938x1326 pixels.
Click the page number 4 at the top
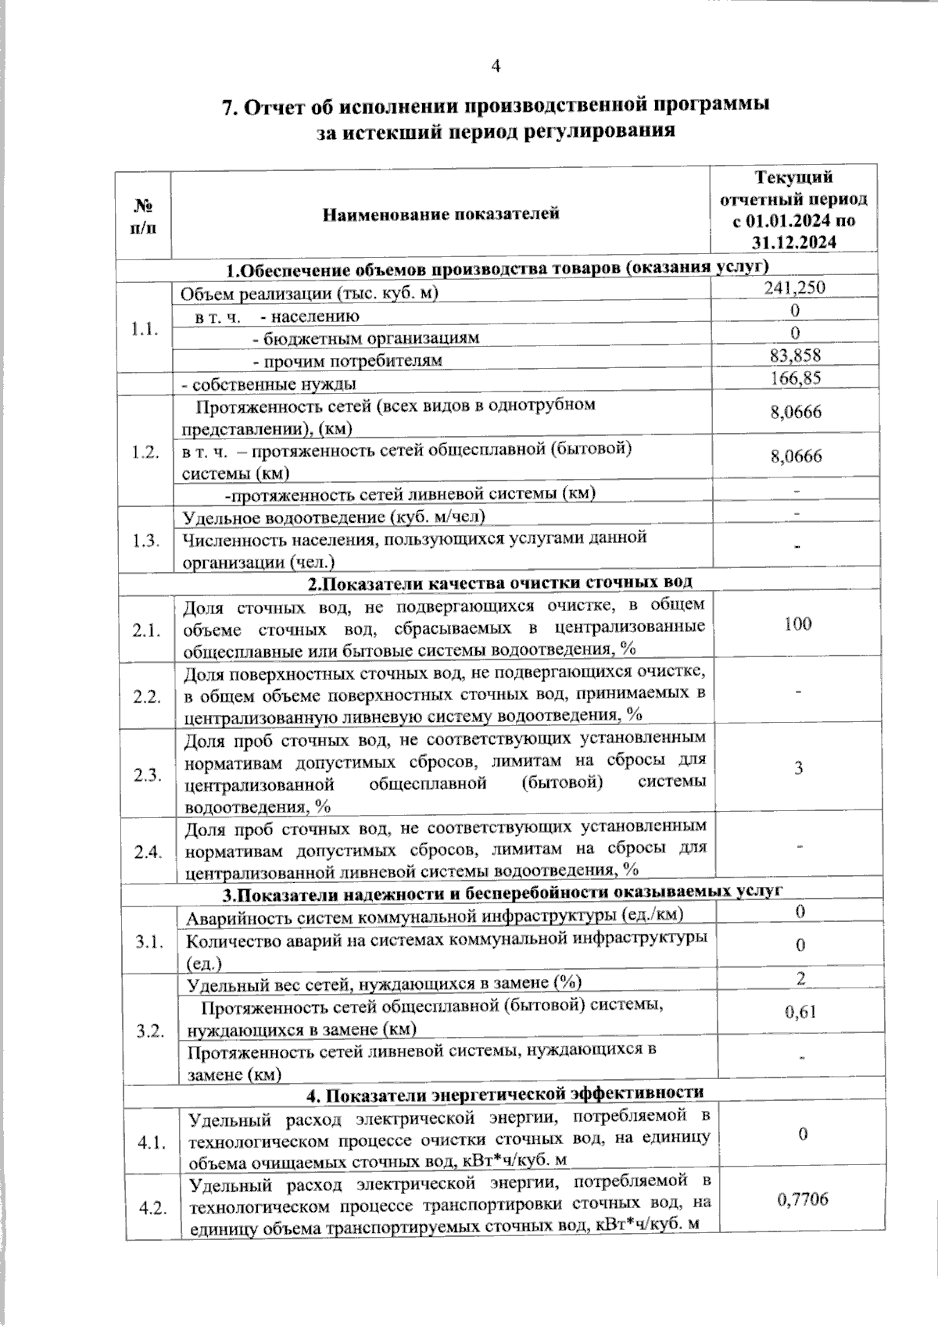pyautogui.click(x=495, y=66)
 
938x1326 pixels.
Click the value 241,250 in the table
pyautogui.click(x=793, y=288)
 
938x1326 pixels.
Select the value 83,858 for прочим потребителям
pyautogui.click(x=795, y=356)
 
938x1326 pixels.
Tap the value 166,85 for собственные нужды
pyautogui.click(x=795, y=379)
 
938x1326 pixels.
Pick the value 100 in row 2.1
pyautogui.click(x=797, y=624)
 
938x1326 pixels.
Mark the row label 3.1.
pyautogui.click(x=149, y=943)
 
